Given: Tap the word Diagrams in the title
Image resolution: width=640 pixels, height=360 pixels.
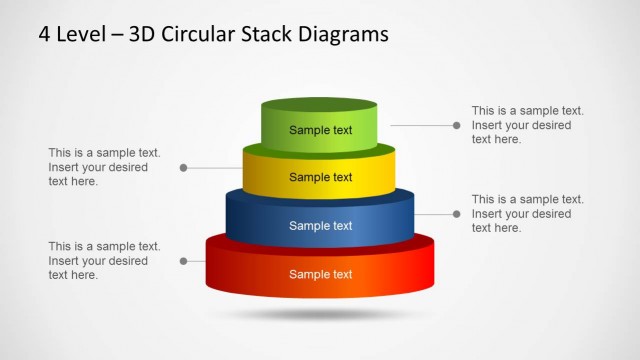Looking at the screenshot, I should (x=337, y=35).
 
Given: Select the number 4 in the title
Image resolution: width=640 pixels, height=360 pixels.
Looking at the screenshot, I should (x=45, y=35).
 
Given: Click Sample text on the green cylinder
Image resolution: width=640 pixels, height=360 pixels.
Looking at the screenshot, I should (x=320, y=130).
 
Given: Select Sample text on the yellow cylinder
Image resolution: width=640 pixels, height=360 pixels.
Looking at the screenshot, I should (x=320, y=177).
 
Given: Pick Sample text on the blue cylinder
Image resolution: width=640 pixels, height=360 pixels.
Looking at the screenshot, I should (x=320, y=225).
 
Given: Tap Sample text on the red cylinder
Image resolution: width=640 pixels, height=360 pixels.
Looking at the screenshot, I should (x=320, y=274).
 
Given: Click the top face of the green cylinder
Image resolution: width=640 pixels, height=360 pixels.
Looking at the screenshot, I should (x=319, y=105).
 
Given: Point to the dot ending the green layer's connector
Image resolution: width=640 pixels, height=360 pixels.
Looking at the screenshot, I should (x=456, y=125).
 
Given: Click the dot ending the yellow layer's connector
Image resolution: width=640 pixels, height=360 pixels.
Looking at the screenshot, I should (x=183, y=168).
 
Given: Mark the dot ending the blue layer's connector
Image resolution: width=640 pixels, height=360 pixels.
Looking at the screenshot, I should (x=456, y=213).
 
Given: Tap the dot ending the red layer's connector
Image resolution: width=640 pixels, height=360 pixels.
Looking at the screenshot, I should (x=183, y=261).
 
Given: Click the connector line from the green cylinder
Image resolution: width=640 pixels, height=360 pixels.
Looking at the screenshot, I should (x=420, y=125).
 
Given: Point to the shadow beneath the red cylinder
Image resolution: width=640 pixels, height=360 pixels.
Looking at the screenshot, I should (x=319, y=314).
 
